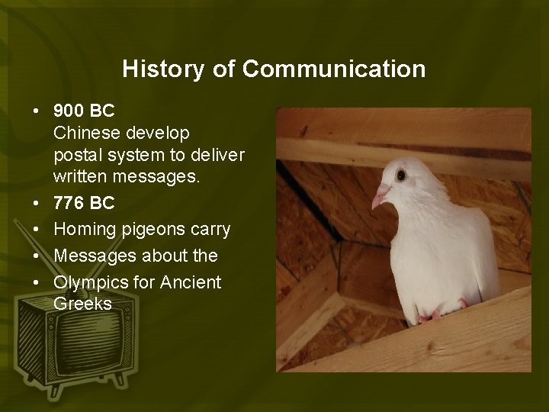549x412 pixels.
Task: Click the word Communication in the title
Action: pos(334,69)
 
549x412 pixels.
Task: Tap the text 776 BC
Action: pos(85,204)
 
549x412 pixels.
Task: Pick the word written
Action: pos(79,177)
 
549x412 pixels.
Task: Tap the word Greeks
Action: pos(83,304)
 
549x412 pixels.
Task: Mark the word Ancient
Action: pos(191,283)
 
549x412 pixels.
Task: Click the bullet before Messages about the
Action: pos(36,256)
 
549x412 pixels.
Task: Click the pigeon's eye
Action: pos(400,175)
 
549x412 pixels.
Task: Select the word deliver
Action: pos(218,156)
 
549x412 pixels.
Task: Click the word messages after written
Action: pos(156,177)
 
